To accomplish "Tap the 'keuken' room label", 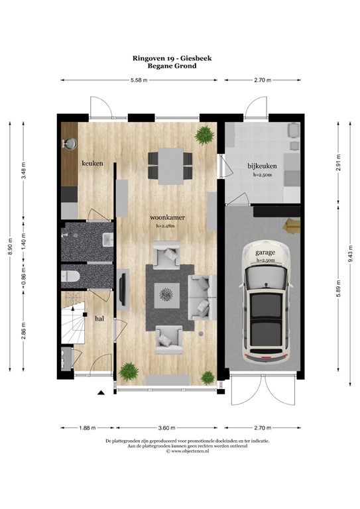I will click(x=92, y=162).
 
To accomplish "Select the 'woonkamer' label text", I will click(x=167, y=217).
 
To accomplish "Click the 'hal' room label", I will click(x=99, y=318).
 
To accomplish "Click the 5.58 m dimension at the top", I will click(x=139, y=80).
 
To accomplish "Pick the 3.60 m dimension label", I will click(x=166, y=427).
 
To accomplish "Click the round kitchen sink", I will click(x=70, y=142).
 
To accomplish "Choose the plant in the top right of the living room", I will click(x=204, y=136).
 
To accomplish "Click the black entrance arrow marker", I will click(x=101, y=394).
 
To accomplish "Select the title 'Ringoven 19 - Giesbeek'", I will click(x=180, y=58).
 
